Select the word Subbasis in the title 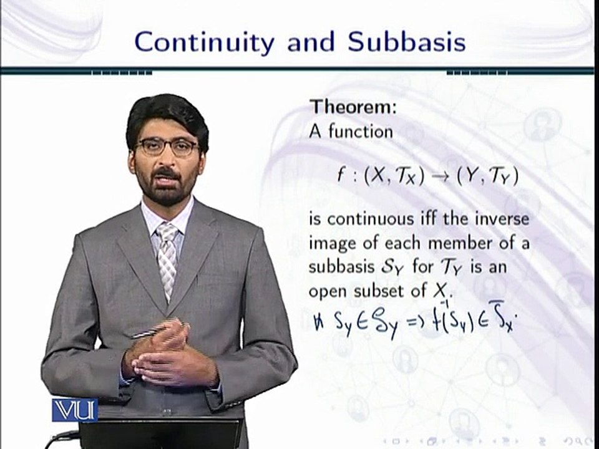pyautogui.click(x=406, y=42)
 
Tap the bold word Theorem pyautogui.click(x=354, y=107)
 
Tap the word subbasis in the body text pyautogui.click(x=339, y=266)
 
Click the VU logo pyautogui.click(x=74, y=410)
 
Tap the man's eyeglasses pyautogui.click(x=167, y=148)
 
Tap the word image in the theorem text pyautogui.click(x=333, y=243)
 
